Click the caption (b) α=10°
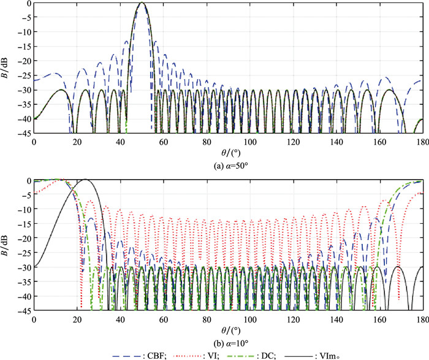pos(227,335)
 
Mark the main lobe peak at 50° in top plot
pos(142,3)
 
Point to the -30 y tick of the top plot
pos(23,90)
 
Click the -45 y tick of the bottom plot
pos(23,311)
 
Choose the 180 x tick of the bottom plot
pos(420,317)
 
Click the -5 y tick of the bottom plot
pos(25,195)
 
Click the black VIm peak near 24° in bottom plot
pos(85,180)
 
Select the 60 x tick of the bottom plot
pos(163,317)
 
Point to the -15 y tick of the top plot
pos(23,46)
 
